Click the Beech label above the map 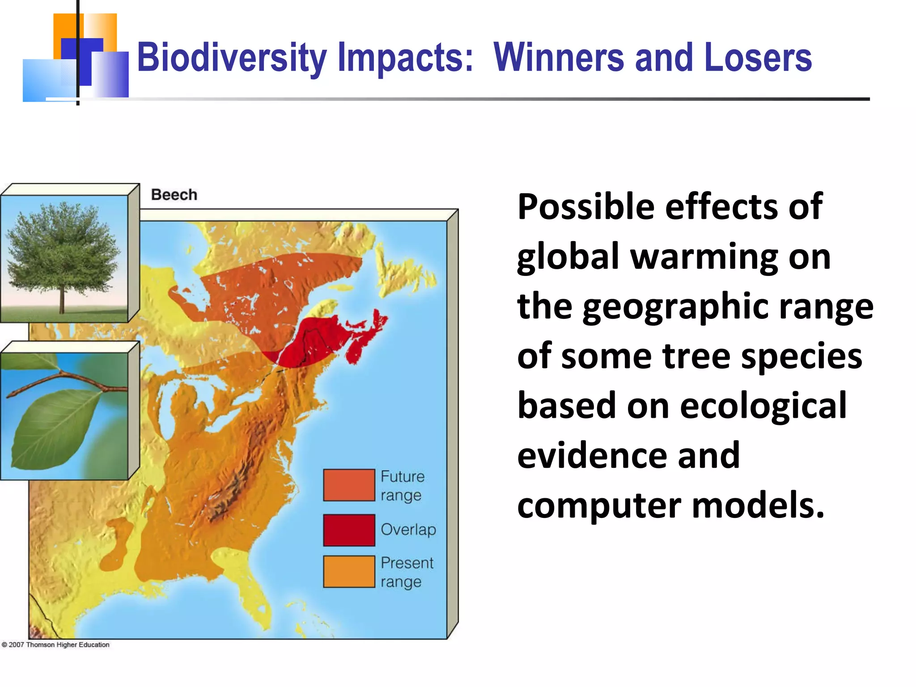pyautogui.click(x=174, y=195)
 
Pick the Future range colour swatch pyautogui.click(x=349, y=485)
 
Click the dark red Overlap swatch pyautogui.click(x=349, y=530)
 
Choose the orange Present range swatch pyautogui.click(x=349, y=572)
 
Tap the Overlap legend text pyautogui.click(x=408, y=530)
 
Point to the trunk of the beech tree pyautogui.click(x=62, y=302)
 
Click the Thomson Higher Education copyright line pyautogui.click(x=56, y=645)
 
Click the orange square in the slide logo pyautogui.click(x=67, y=27)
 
